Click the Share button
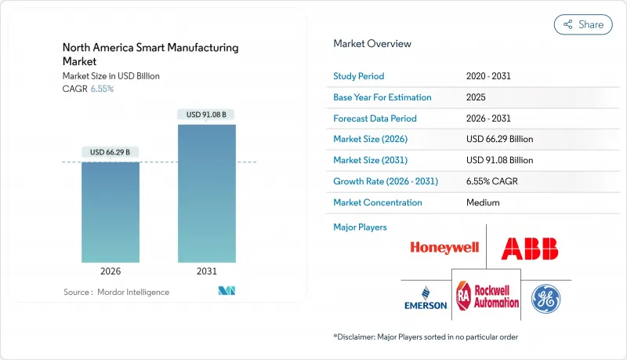pyautogui.click(x=583, y=24)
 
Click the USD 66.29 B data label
pyautogui.click(x=111, y=151)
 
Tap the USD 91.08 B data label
pyautogui.click(x=206, y=115)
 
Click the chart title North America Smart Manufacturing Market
pyautogui.click(x=150, y=54)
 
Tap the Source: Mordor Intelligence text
pyautogui.click(x=116, y=292)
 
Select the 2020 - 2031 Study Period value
pyautogui.click(x=489, y=77)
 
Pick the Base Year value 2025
pyautogui.click(x=476, y=97)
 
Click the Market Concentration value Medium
pyautogui.click(x=483, y=202)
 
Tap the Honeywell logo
pyautogui.click(x=444, y=249)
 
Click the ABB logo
pyautogui.click(x=530, y=249)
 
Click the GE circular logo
pyautogui.click(x=545, y=298)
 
